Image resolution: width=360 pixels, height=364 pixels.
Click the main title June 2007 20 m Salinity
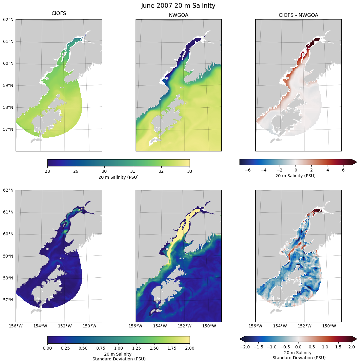(x=178, y=6)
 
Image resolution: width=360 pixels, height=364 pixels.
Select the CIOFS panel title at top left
(x=59, y=13)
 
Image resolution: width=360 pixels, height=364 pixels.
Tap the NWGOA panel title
(x=178, y=15)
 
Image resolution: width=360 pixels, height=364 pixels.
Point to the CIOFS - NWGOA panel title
(x=298, y=15)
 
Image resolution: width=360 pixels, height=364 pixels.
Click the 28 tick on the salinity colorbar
(x=47, y=171)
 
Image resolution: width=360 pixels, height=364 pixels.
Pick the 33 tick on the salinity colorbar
(x=190, y=171)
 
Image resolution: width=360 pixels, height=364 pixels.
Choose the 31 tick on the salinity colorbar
(x=133, y=171)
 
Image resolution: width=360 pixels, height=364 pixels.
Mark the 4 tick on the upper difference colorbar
(x=328, y=170)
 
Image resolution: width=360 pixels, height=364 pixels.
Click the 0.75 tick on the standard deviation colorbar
(x=101, y=348)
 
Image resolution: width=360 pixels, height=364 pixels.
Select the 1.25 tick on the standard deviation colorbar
(x=136, y=348)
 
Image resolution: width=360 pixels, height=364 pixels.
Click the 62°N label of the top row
(x=8, y=19)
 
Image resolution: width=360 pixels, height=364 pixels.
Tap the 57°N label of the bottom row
(x=8, y=300)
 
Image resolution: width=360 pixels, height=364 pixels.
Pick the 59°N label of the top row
(x=8, y=85)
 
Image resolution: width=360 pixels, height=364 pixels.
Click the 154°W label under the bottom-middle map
(x=160, y=326)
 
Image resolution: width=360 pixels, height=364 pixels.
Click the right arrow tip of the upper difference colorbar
(x=356, y=162)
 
